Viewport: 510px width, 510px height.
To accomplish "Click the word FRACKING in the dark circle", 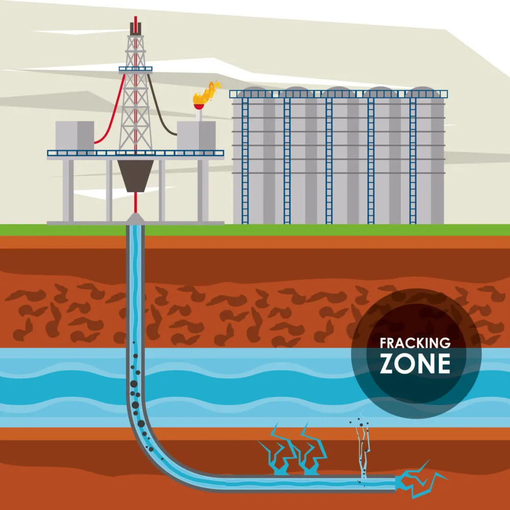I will (415, 343).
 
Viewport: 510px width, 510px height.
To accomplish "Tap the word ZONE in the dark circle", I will (415, 363).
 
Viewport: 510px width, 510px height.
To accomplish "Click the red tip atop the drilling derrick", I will (136, 24).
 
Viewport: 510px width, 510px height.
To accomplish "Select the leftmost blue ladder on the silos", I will (245, 158).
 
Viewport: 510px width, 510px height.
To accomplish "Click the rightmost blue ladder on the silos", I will (413, 158).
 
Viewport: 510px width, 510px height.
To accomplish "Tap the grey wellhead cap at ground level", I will (135, 218).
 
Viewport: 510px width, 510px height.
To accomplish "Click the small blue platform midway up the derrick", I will (136, 68).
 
